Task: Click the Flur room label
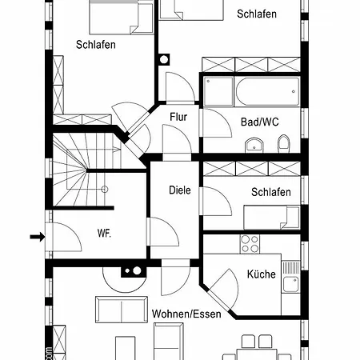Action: click(178, 117)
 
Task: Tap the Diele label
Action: click(180, 190)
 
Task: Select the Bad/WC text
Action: click(259, 122)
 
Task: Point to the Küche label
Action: click(262, 274)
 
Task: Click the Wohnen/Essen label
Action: click(186, 314)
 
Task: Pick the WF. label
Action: click(104, 233)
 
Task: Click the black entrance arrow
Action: click(38, 237)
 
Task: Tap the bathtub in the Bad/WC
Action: click(267, 91)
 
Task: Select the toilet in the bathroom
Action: click(284, 144)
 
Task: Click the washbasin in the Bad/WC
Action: click(254, 146)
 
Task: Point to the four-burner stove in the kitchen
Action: click(250, 244)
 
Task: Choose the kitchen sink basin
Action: click(290, 284)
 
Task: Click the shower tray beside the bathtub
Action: click(218, 91)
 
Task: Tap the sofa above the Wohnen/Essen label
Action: click(122, 310)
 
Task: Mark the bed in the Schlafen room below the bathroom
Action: click(272, 218)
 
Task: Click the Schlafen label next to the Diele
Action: click(271, 192)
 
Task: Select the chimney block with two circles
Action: click(134, 271)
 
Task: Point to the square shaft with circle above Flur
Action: click(164, 59)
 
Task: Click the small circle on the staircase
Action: click(105, 190)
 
